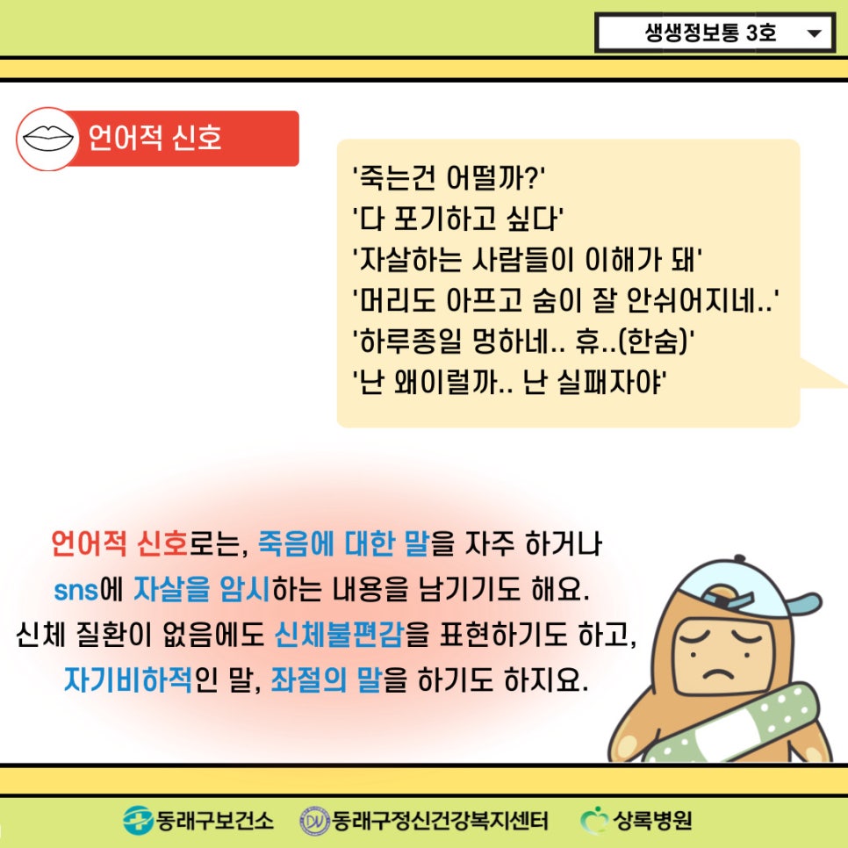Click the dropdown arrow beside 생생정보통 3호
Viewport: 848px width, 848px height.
(814, 33)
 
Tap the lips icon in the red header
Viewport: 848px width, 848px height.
(48, 139)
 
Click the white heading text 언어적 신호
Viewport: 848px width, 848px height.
(155, 137)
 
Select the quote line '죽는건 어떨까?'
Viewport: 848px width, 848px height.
(449, 177)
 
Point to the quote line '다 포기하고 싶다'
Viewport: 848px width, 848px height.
(457, 219)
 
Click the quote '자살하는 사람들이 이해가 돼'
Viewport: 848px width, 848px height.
(527, 260)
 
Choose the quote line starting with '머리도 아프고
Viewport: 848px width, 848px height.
(565, 300)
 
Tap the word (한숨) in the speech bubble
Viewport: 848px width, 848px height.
(653, 341)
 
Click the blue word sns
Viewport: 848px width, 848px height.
(76, 590)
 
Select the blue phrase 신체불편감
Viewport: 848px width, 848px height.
(339, 635)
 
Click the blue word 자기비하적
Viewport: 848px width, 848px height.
(128, 679)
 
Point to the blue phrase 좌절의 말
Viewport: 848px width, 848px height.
(326, 679)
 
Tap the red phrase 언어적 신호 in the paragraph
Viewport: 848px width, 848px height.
(119, 543)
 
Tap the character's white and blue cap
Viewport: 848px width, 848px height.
(746, 590)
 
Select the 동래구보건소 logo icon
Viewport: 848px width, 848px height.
(138, 821)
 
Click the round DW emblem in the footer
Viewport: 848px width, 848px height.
(315, 822)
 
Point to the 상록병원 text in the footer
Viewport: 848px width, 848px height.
(652, 821)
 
